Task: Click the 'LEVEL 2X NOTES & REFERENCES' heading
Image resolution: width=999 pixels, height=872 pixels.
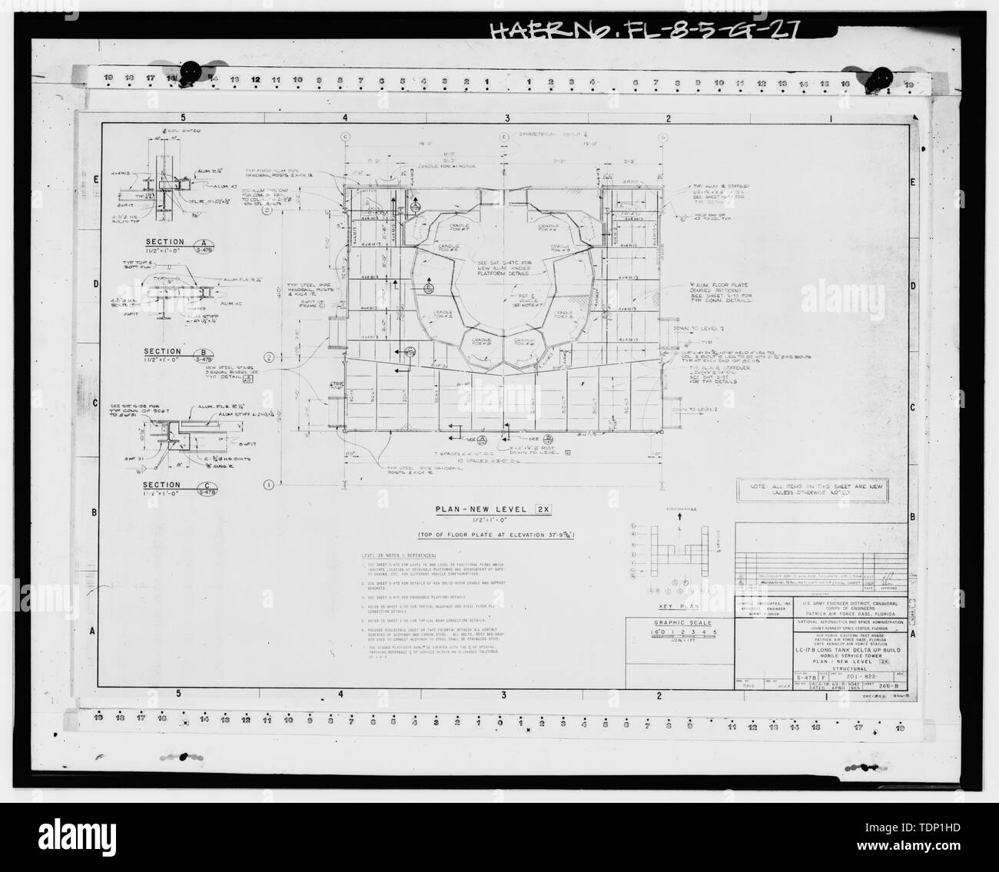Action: click(x=398, y=555)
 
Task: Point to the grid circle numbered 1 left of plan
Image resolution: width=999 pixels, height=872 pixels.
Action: click(x=269, y=484)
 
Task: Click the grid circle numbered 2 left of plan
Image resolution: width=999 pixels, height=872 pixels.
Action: click(x=269, y=358)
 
